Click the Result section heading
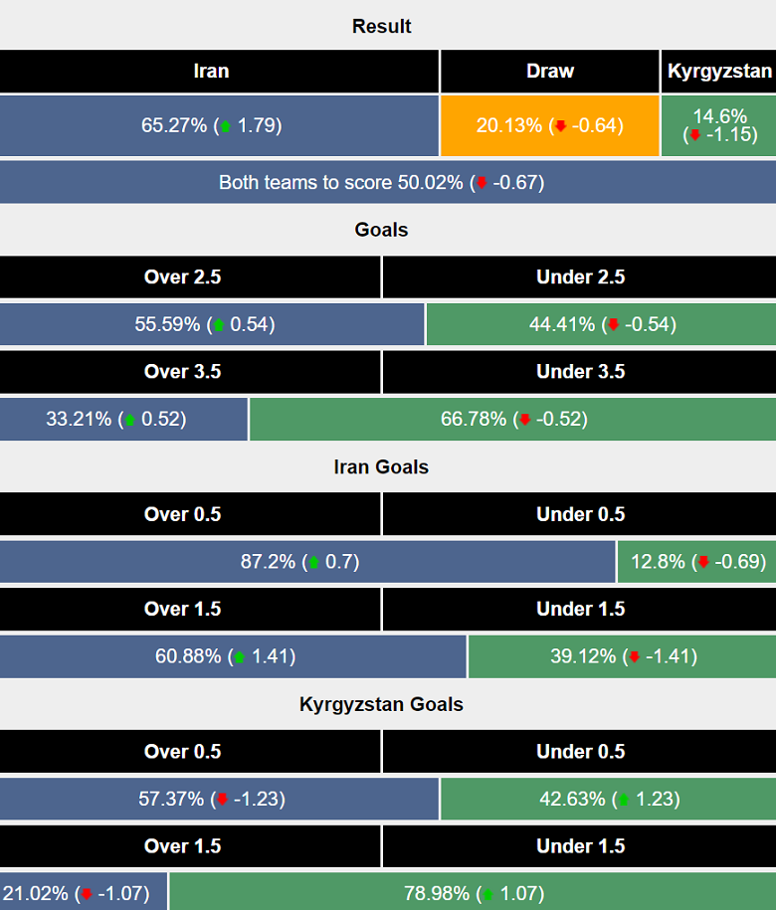(x=381, y=26)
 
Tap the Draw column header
(x=549, y=72)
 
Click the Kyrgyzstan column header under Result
(x=719, y=72)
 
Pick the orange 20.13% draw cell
(x=549, y=125)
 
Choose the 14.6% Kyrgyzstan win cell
(x=719, y=125)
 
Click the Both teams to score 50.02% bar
(x=381, y=183)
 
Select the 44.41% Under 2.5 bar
(x=601, y=324)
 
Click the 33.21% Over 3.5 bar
(x=123, y=419)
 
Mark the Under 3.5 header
(x=580, y=372)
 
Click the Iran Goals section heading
(x=381, y=466)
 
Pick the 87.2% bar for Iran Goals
(x=306, y=562)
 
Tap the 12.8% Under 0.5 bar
(x=696, y=562)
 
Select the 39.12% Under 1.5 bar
(x=622, y=656)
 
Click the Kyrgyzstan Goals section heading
(x=381, y=704)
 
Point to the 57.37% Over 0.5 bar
(x=219, y=799)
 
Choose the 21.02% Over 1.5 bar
(x=84, y=893)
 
